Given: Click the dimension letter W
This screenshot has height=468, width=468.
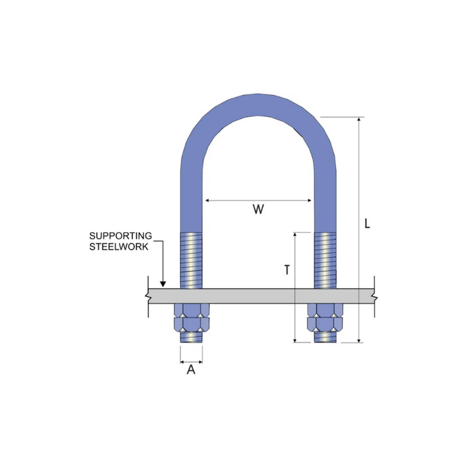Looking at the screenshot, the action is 258,209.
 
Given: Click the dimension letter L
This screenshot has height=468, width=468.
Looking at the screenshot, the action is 368,223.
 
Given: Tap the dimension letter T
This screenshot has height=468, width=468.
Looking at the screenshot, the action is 287,270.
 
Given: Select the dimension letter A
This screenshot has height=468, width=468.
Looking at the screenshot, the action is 191,370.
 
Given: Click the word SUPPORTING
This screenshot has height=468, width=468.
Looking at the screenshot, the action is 120,236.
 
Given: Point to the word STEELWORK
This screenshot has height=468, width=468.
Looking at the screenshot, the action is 119,247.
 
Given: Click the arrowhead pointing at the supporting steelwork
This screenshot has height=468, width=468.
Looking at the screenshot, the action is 162,284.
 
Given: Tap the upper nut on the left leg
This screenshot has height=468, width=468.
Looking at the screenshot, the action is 192,310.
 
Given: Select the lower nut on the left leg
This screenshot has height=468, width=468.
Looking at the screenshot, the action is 192,324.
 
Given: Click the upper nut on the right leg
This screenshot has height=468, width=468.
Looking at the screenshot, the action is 326,310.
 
